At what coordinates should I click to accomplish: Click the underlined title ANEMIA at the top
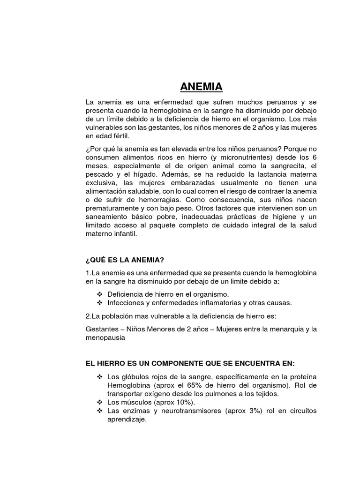point(202,87)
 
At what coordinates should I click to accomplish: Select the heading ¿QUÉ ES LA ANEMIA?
point(125,260)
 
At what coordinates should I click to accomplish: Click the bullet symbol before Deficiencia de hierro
point(99,294)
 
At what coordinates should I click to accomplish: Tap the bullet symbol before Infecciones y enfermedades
point(99,302)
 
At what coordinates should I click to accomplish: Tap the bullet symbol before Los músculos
point(99,402)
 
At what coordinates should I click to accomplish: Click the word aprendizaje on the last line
point(127,419)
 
